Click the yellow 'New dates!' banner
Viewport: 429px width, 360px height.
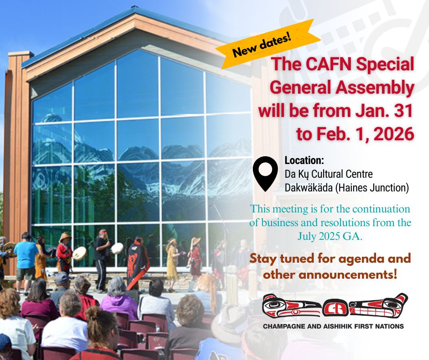[x=268, y=44]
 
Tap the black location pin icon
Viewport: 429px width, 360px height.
[x=265, y=173]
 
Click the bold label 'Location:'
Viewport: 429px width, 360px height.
[x=304, y=160]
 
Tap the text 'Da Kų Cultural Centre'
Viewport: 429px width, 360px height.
[x=329, y=174]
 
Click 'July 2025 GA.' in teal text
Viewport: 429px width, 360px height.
[x=330, y=236]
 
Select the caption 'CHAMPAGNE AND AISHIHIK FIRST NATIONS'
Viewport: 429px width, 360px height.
[x=334, y=326]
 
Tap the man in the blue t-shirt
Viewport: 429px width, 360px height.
[x=25, y=263]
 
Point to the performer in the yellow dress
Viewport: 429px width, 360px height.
[x=173, y=263]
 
